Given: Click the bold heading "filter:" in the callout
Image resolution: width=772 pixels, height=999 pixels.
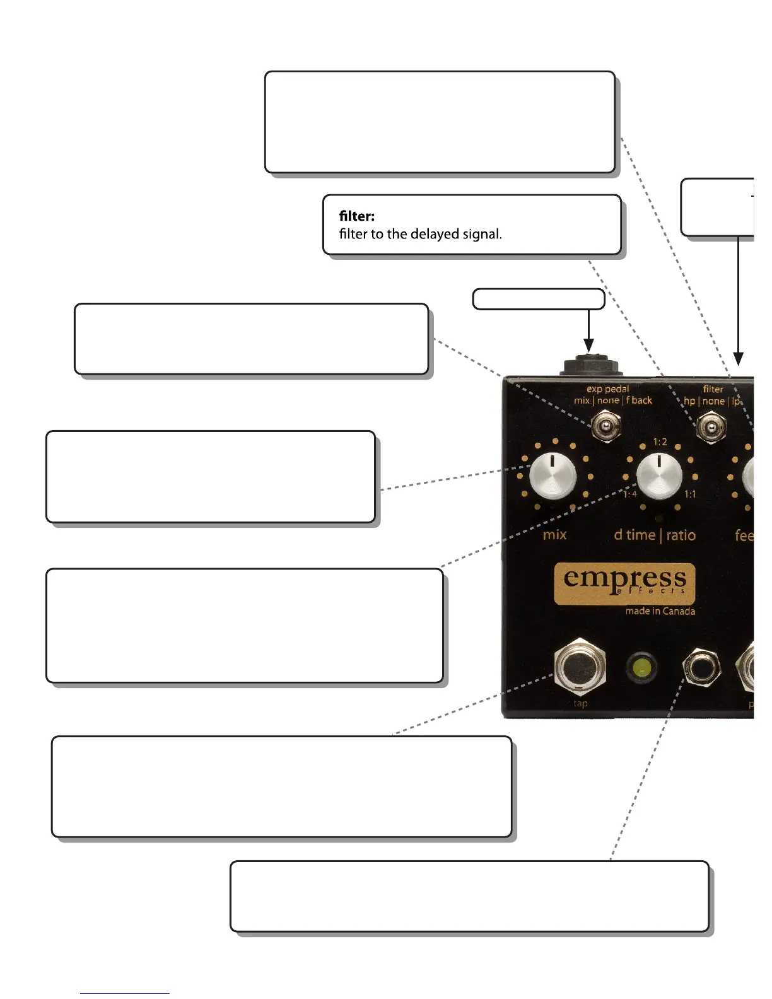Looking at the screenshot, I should (x=356, y=216).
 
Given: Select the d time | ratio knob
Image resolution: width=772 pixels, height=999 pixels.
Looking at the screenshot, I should (x=659, y=474).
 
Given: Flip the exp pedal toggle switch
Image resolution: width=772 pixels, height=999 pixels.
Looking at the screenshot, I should (x=605, y=426).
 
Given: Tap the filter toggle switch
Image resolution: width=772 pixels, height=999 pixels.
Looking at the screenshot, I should (x=711, y=428).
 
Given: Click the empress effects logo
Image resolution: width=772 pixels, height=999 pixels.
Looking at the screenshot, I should (x=624, y=583).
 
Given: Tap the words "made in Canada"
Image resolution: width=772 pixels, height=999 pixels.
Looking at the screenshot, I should (x=660, y=611).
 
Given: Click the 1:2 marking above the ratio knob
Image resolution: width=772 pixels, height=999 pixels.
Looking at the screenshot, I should (x=660, y=441).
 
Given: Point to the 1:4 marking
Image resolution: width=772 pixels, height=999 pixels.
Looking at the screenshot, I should (x=630, y=494).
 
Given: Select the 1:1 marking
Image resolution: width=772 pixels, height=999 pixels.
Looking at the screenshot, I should (x=690, y=494).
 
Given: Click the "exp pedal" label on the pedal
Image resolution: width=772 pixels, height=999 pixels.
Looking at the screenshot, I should (x=607, y=389).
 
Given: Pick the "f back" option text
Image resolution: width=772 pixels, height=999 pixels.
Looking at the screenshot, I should (x=639, y=400).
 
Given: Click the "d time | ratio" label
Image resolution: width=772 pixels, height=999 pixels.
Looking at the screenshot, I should (x=654, y=535).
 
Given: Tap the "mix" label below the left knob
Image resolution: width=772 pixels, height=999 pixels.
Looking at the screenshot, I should (x=554, y=535).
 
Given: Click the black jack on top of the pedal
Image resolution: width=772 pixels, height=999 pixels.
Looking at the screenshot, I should (x=588, y=366).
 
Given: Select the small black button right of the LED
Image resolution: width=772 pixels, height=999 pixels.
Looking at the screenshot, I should (x=701, y=667).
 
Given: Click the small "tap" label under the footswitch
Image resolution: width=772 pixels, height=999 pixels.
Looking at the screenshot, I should (x=580, y=703).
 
